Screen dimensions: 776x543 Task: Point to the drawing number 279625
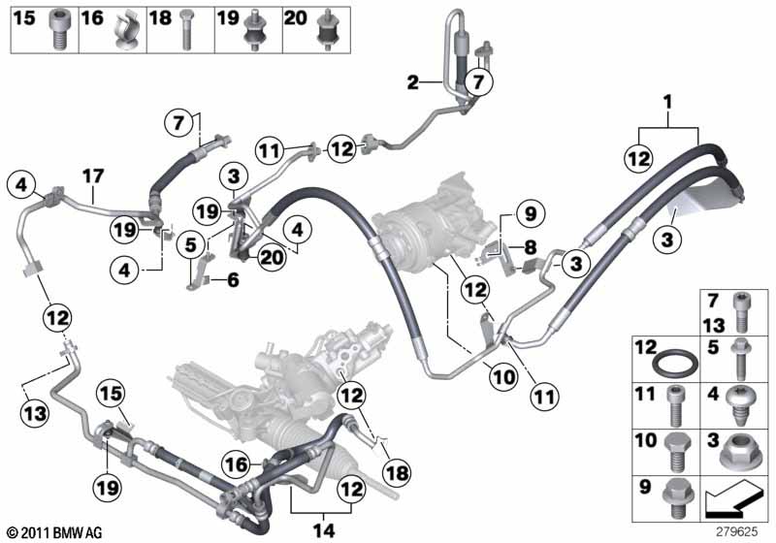(736, 531)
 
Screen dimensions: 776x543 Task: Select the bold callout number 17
(92, 176)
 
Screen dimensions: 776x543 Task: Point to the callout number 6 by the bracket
(232, 280)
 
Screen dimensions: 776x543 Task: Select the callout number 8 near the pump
(530, 247)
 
